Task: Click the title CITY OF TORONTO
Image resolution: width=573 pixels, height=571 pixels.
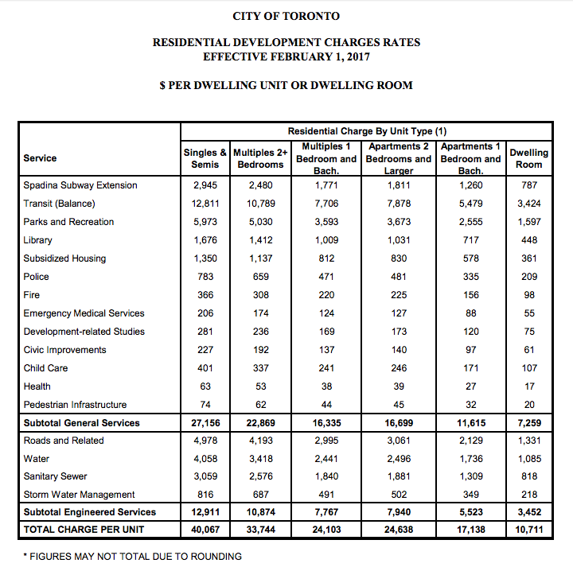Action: (286, 16)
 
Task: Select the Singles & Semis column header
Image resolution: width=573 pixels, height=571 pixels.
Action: (205, 158)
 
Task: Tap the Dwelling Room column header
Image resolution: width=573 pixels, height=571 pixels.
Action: (528, 158)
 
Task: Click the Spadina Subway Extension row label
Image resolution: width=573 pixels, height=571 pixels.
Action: (80, 185)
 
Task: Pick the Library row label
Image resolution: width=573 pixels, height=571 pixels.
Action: (37, 240)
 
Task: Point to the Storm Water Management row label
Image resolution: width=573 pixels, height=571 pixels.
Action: (79, 495)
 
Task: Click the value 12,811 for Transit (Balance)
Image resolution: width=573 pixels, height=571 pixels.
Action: (205, 204)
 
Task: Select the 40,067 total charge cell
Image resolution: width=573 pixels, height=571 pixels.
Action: (205, 530)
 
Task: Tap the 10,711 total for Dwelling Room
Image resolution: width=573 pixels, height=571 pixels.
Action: (528, 530)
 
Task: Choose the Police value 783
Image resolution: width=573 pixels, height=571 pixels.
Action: (205, 277)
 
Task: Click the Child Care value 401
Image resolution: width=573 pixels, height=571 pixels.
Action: (205, 368)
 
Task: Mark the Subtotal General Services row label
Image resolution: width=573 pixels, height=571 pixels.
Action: (81, 423)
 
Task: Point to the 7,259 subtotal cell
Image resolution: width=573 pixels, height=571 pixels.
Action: (528, 423)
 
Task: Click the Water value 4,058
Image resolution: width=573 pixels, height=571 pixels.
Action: (205, 458)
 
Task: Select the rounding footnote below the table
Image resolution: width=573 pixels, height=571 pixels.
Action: (132, 556)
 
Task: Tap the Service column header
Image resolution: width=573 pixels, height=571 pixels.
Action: (40, 158)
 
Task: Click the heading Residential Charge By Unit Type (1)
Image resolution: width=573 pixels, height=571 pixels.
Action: (367, 130)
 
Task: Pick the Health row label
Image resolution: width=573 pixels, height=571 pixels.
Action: (37, 386)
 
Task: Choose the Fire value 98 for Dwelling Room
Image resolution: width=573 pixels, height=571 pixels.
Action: (528, 295)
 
